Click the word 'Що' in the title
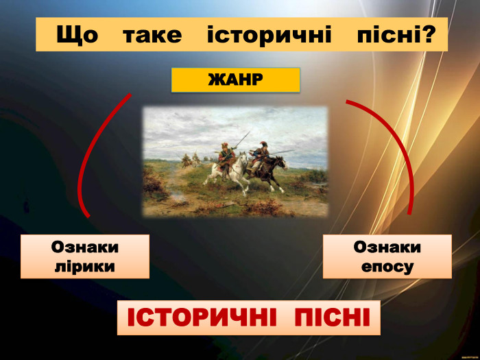tap(77, 35)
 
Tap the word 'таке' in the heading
tap(152, 35)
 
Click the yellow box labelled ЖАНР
tap(235, 80)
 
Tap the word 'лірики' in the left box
tap(84, 265)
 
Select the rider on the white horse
tap(224, 152)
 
